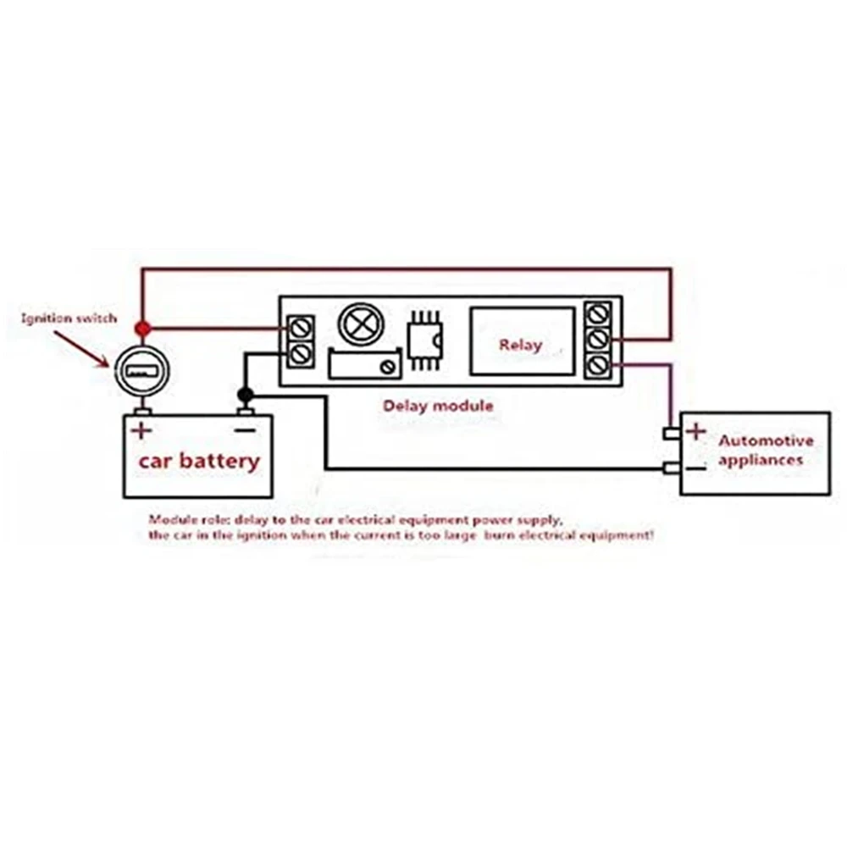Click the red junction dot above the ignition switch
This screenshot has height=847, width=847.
pos(143,328)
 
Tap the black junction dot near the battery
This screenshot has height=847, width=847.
pos(246,395)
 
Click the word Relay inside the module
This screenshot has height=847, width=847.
pos(520,345)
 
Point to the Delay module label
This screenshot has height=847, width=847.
pos(437,406)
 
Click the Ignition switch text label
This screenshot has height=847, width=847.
pos(69,319)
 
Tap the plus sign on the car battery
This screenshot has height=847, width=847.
pos(141,430)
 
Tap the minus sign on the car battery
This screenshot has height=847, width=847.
pos(244,430)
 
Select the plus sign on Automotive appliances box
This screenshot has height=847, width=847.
pos(695,432)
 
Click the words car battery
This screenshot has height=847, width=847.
pos(199,462)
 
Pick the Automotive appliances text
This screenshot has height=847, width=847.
pos(765,450)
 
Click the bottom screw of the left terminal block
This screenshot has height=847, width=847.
pos(300,354)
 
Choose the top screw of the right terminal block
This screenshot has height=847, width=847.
pos(598,313)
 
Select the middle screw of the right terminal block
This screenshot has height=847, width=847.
pos(598,339)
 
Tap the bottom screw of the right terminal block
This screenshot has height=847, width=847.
pos(598,365)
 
